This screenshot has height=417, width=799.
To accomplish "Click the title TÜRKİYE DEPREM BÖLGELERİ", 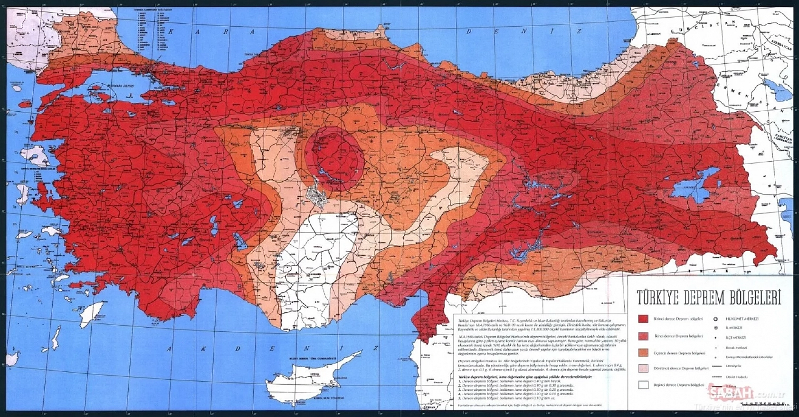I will coord(709,298).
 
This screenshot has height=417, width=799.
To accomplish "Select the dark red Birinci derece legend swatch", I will coord(643,319).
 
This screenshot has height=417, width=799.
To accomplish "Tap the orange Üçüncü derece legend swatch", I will coord(643,353).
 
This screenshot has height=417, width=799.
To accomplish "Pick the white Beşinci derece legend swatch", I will coord(643,385).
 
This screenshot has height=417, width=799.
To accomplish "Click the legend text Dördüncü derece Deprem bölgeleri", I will coord(681,369).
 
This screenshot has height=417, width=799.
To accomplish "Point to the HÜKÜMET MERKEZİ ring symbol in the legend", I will coord(715,319).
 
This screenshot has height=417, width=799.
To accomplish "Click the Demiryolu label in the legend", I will coord(733,366).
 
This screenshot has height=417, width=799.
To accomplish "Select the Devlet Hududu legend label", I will coord(736,377).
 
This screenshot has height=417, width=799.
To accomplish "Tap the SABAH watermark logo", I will coord(732,393).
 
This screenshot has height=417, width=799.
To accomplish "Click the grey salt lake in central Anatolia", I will coord(315,196).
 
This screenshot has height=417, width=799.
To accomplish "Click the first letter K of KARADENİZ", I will coord(171,31).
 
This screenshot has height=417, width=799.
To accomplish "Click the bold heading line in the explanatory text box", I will coord(525,376).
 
